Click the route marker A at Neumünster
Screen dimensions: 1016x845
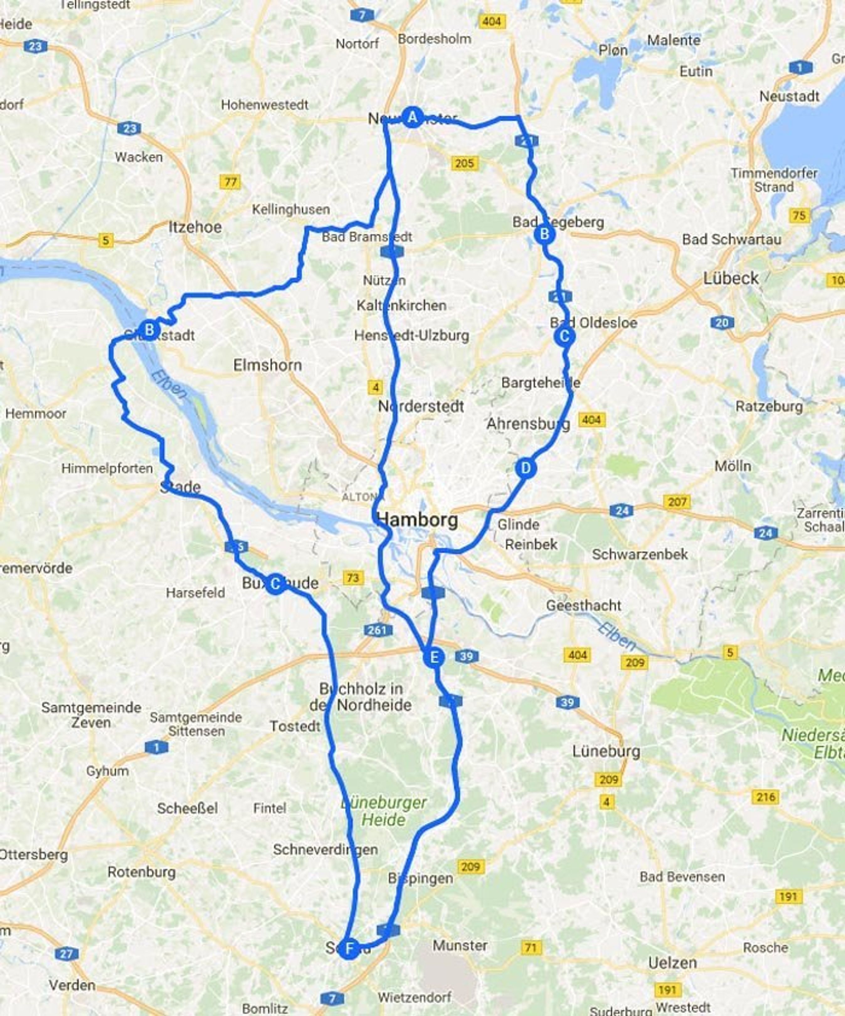[412, 117]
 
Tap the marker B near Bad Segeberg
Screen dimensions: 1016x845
[544, 234]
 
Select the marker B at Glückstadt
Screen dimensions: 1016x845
[149, 330]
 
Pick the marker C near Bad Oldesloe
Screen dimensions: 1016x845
[564, 336]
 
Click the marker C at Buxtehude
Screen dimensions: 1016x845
[275, 584]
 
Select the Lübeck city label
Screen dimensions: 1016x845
[731, 279]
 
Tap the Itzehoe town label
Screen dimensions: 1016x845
[195, 227]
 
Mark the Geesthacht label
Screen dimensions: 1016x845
[584, 605]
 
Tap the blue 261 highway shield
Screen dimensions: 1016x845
[377, 629]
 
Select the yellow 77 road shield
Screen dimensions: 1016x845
[230, 182]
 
